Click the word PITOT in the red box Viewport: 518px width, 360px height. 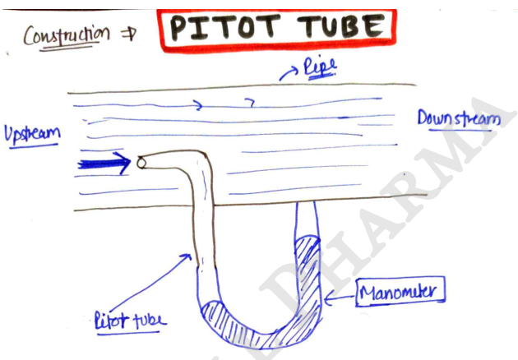(x=225, y=27)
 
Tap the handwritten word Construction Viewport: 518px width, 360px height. (x=67, y=35)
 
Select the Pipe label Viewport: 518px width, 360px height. (x=320, y=67)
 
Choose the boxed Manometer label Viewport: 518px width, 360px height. (x=400, y=292)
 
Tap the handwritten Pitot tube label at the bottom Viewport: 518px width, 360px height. (x=130, y=320)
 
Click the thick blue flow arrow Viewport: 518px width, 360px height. (x=104, y=164)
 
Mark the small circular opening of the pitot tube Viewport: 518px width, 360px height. (x=141, y=163)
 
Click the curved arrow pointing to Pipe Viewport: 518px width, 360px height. (x=289, y=72)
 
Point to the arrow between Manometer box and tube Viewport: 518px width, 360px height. (x=340, y=298)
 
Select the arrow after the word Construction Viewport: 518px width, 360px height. (x=128, y=35)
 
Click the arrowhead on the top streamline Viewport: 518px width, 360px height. (x=199, y=105)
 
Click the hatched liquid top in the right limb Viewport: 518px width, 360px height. (x=308, y=241)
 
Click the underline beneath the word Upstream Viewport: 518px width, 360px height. (x=34, y=146)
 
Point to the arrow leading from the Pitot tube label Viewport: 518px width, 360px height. (x=150, y=283)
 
